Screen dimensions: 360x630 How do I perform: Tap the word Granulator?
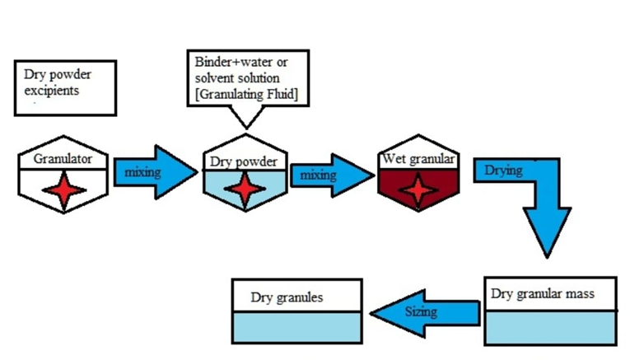(x=63, y=158)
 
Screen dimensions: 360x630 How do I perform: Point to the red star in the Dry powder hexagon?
(x=245, y=190)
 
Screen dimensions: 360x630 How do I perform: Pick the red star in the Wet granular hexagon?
(x=418, y=189)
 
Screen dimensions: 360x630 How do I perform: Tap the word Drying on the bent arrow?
(x=502, y=171)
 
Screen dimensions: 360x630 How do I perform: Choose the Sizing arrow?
(x=425, y=312)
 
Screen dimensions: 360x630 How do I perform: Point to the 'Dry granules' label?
(x=287, y=297)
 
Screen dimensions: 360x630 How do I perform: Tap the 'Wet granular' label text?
(x=418, y=158)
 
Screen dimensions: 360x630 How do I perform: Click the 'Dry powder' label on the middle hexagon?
(x=244, y=161)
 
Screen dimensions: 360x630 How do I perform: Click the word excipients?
(x=52, y=91)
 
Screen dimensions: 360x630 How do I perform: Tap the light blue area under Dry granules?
(x=297, y=328)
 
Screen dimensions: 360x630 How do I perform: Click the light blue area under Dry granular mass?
(x=550, y=328)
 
